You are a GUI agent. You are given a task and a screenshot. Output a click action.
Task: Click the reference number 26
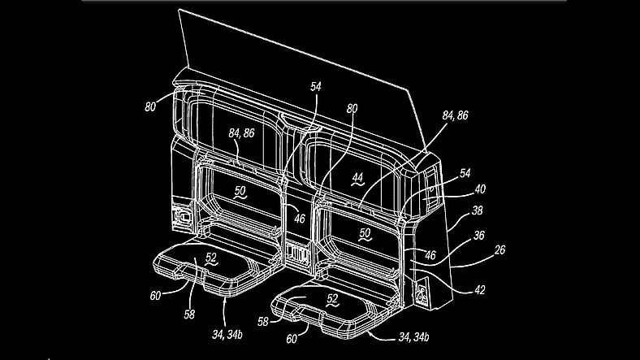[499, 249]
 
